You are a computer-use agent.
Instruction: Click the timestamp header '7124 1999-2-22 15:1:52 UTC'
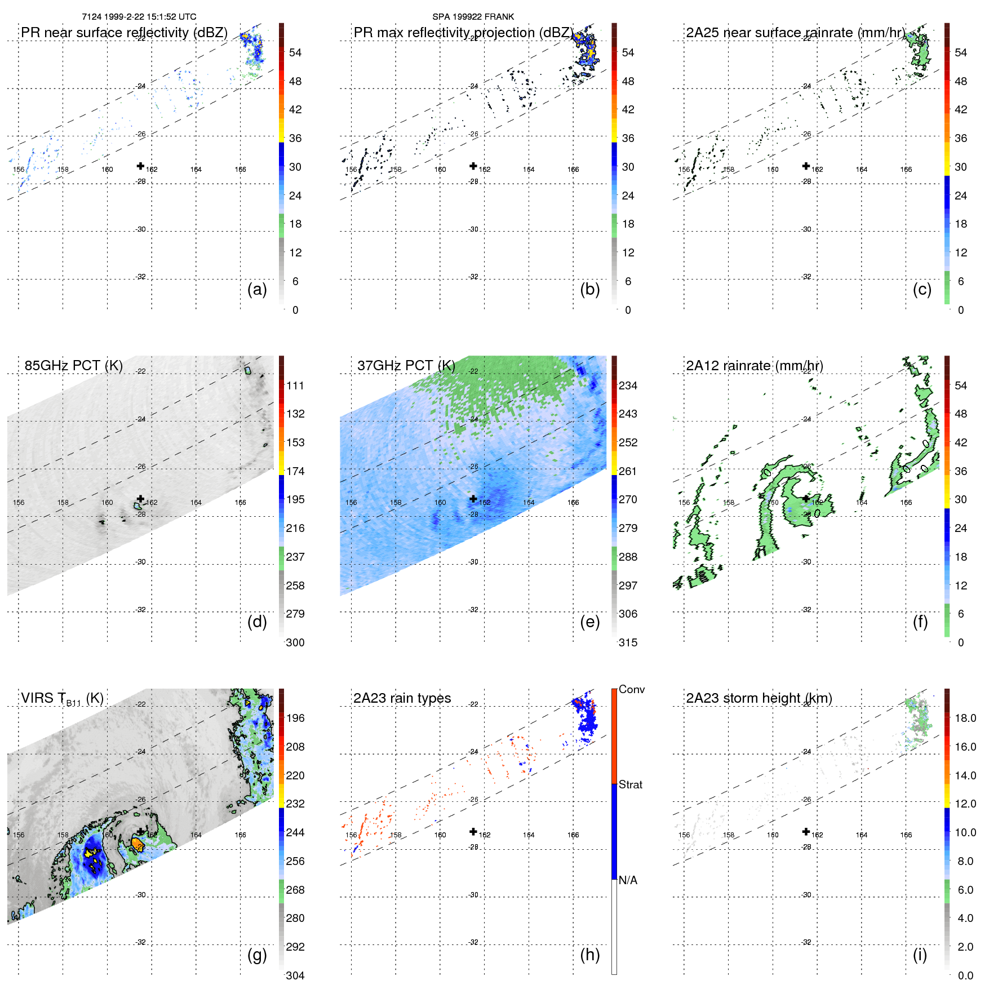pos(139,17)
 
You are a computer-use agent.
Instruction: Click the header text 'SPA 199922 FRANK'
pos(473,17)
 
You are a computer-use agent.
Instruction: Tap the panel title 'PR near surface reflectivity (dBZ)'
pos(124,33)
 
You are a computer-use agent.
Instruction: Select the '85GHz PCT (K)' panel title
pos(73,366)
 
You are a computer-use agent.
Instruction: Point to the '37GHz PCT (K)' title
pos(406,366)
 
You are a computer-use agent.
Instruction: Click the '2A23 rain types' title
pos(402,698)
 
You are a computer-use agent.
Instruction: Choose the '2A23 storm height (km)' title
pos(759,698)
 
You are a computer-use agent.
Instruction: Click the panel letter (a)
pos(257,289)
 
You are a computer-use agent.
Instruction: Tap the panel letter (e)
pos(589,622)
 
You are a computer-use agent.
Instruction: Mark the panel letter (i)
pos(920,954)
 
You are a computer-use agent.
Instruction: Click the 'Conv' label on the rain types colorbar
pos(631,689)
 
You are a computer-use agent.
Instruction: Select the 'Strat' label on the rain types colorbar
pos(630,784)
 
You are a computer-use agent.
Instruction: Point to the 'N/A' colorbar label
pos(628,880)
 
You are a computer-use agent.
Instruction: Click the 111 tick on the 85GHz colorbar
pos(295,385)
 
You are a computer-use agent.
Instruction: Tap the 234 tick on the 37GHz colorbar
pos(628,385)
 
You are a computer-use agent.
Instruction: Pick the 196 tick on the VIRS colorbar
pos(295,718)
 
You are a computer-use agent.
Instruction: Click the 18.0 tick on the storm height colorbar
pos(965,718)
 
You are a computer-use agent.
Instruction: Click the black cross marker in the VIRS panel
pos(140,832)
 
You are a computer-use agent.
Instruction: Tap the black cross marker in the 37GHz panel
pos(473,499)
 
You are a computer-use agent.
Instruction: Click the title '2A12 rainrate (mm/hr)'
pos(754,366)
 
